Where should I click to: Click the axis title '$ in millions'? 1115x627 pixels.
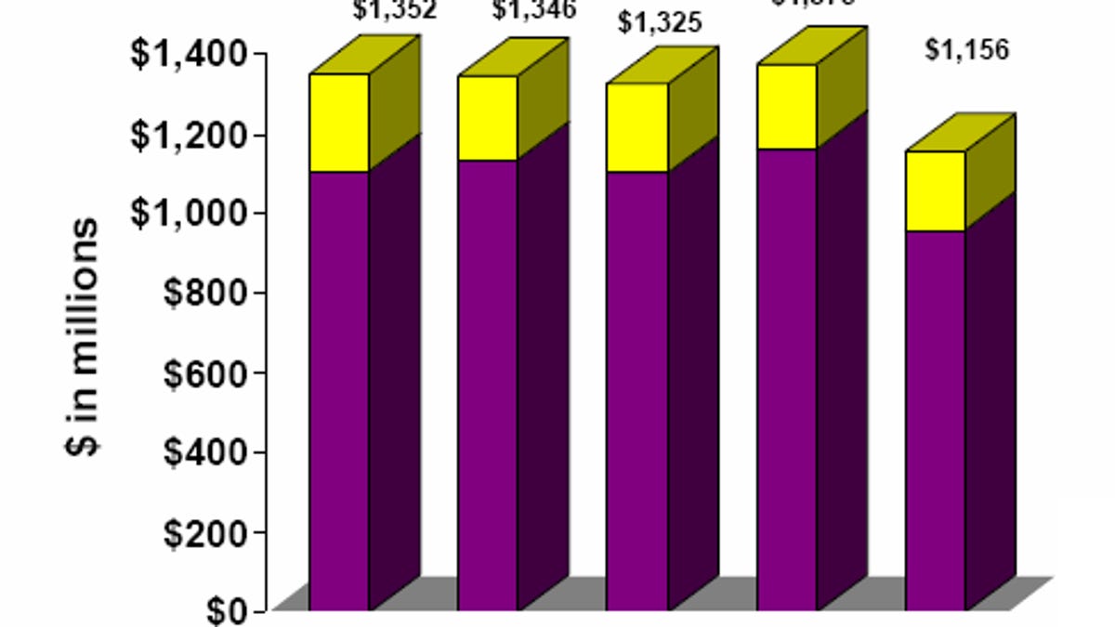pos(84,336)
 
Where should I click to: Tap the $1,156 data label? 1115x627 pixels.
pos(966,50)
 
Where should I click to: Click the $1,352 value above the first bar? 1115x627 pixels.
pos(394,11)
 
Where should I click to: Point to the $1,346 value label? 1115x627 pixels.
pos(533,11)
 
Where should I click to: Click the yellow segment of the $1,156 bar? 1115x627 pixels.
pos(935,190)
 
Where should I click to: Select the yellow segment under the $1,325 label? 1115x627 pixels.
pos(636,127)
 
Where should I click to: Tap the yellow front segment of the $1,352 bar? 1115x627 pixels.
pos(339,123)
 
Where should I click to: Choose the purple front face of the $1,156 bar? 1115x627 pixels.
pos(935,418)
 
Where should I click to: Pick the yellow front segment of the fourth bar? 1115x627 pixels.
pos(787,107)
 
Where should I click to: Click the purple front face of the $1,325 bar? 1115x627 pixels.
pos(636,390)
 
